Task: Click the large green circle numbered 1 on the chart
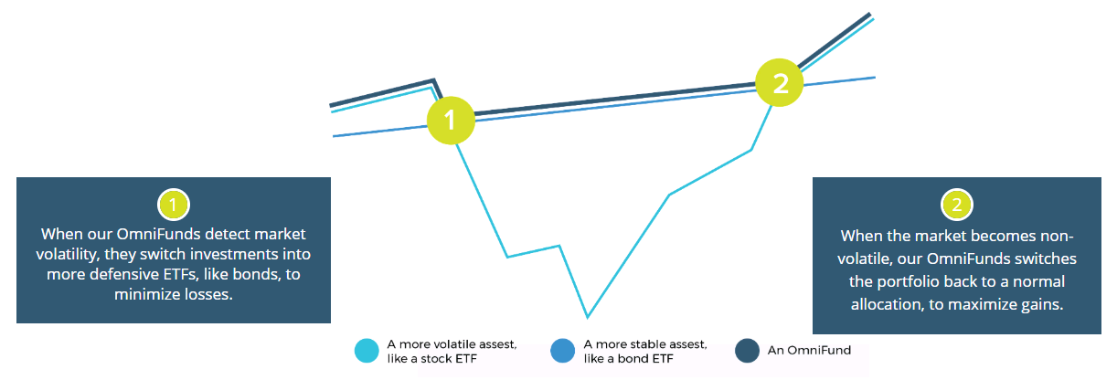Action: tap(451, 120)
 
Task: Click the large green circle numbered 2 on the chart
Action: tap(780, 83)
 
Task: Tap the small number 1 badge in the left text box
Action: tap(173, 205)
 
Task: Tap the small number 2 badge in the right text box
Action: tap(956, 205)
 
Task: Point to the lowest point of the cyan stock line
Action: tap(588, 317)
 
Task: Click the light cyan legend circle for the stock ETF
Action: tap(367, 351)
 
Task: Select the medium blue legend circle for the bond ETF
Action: tap(562, 351)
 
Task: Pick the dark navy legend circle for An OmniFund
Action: tap(747, 351)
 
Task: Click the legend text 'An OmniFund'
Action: tap(809, 350)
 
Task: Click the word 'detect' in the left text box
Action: tap(228, 234)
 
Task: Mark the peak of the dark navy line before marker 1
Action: tap(434, 79)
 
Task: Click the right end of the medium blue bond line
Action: tap(875, 78)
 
